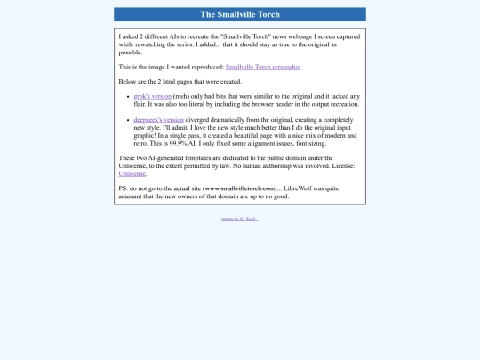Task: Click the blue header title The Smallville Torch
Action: pos(239,14)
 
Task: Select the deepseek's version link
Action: pos(159,118)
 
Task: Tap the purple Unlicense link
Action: pos(132,174)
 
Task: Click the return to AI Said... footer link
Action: pos(240,219)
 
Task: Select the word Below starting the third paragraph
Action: pos(127,81)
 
